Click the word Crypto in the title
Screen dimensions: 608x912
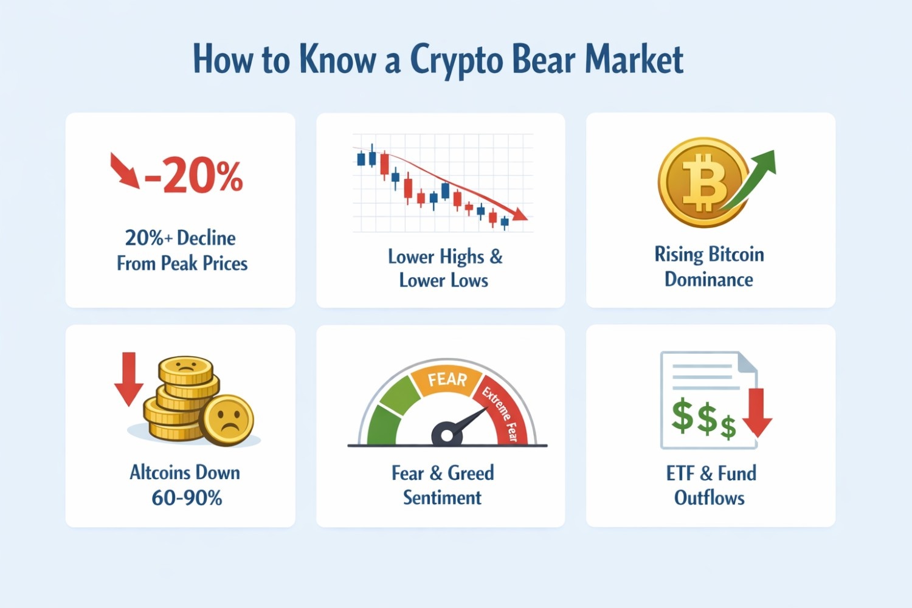(456, 61)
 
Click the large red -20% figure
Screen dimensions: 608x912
(193, 176)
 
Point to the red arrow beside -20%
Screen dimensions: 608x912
(124, 170)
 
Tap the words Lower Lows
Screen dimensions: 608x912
(443, 280)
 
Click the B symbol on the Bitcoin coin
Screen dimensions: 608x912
(703, 182)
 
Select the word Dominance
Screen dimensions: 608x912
(708, 280)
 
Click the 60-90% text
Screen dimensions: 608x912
(187, 498)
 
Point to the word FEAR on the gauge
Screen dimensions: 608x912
(447, 379)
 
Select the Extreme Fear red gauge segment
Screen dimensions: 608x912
(505, 413)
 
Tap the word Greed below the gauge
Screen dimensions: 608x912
(471, 473)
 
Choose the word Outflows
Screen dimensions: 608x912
(709, 498)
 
